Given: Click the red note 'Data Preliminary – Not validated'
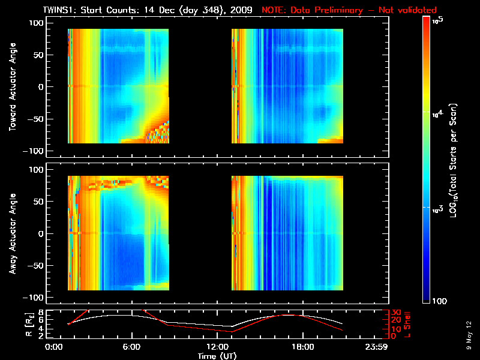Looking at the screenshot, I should click(x=349, y=10).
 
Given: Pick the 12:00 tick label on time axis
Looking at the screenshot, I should click(x=217, y=347).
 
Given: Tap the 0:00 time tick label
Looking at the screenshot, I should click(x=53, y=347).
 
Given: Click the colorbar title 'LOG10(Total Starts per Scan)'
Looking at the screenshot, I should click(x=459, y=159).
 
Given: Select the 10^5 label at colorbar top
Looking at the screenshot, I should click(x=438, y=20).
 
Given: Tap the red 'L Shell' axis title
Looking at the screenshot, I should click(x=412, y=324).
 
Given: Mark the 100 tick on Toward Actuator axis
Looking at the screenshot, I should click(x=35, y=22).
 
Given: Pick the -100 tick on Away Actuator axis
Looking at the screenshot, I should click(x=34, y=298).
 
